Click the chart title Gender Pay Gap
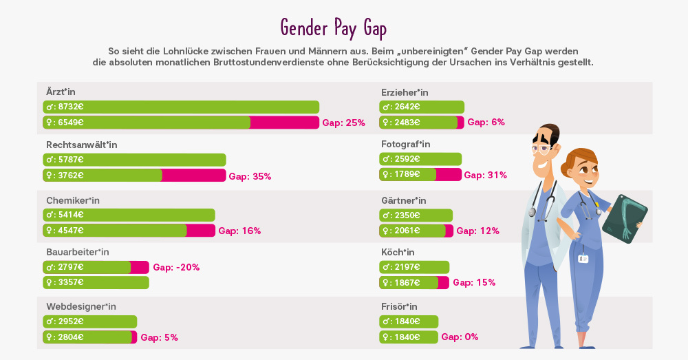pos(334,28)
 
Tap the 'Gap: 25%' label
pos(343,123)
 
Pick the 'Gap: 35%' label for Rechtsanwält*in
pos(250,176)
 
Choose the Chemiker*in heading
pos(73,200)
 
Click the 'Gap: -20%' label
pos(176,267)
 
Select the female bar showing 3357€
pos(96,283)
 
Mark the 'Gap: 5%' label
pos(159,337)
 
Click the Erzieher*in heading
pos(405,92)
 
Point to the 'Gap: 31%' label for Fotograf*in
pos(485,175)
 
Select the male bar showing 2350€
pos(416,215)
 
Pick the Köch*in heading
pos(398,252)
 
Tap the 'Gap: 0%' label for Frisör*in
pos(460,337)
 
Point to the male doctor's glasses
pos(541,147)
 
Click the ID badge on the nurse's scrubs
pos(583,258)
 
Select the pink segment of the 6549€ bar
pos(284,123)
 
